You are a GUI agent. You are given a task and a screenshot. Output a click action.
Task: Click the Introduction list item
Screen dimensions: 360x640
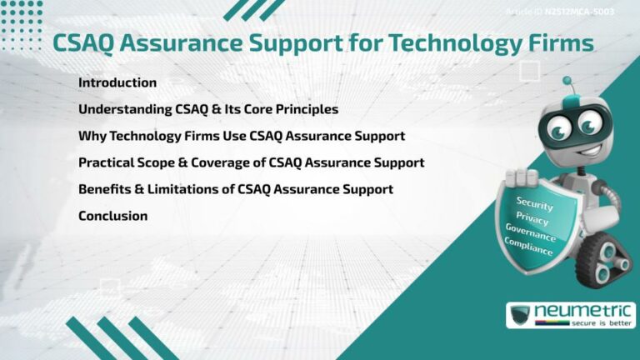[x=117, y=82]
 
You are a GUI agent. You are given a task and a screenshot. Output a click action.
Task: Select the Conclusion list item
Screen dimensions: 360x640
[x=112, y=216]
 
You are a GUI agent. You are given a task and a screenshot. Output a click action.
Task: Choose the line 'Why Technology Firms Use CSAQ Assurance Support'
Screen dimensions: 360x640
[x=242, y=136]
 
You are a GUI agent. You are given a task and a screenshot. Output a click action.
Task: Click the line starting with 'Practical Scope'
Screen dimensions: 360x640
[x=251, y=162]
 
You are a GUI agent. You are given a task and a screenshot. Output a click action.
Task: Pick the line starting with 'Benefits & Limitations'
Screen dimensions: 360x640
[x=235, y=189]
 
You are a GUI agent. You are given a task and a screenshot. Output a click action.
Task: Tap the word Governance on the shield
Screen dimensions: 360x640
[x=530, y=233]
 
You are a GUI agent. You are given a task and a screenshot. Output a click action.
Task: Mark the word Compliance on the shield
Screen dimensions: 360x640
[x=527, y=247]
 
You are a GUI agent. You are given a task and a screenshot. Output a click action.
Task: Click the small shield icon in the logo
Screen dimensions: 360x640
[x=522, y=315]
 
